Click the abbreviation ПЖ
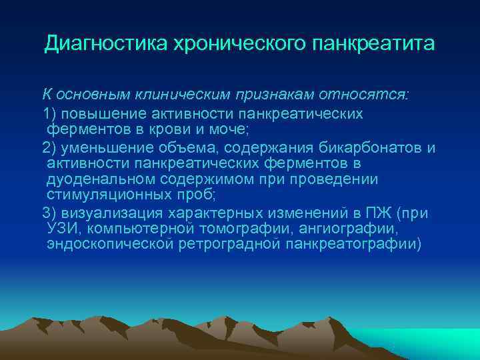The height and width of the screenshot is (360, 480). coord(377,213)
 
